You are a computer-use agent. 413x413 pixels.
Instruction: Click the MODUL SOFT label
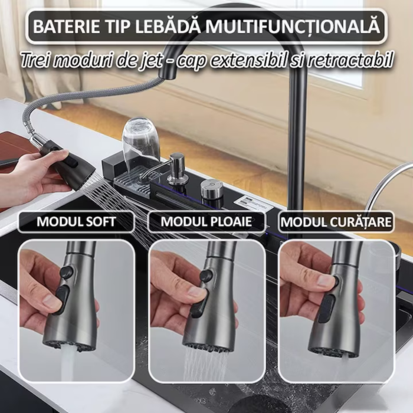point(76,222)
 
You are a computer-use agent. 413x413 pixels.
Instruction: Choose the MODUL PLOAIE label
point(206,222)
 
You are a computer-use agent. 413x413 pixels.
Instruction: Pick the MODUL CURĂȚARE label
point(336,222)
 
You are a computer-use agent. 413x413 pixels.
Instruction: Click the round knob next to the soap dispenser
point(211,188)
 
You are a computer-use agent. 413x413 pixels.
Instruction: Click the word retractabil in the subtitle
point(356,60)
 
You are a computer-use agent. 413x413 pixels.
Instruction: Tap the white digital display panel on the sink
point(254,204)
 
